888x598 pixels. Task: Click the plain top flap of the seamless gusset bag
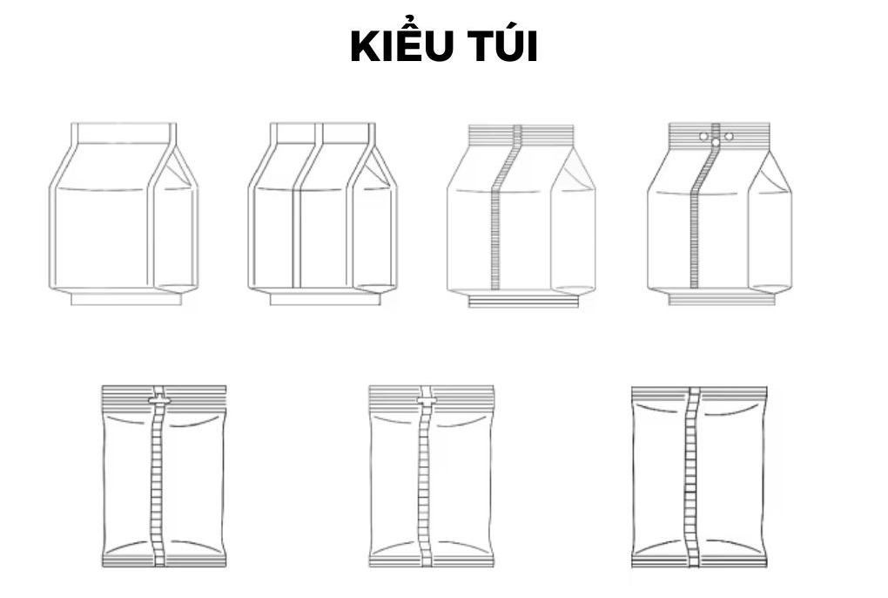pyautogui.click(x=123, y=133)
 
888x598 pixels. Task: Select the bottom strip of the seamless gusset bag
pyautogui.click(x=126, y=298)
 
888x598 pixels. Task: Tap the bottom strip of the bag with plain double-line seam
pyautogui.click(x=325, y=298)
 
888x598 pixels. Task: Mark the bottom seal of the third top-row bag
pyautogui.click(x=523, y=301)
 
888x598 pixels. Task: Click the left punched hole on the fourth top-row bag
pyautogui.click(x=703, y=136)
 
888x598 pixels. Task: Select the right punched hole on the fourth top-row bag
pyautogui.click(x=729, y=136)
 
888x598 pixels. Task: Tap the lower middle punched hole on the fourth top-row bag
pyautogui.click(x=716, y=142)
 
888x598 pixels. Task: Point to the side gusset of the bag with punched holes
pyautogui.click(x=770, y=227)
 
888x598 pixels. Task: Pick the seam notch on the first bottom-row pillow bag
pyautogui.click(x=158, y=400)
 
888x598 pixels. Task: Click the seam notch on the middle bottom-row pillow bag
pyautogui.click(x=426, y=401)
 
